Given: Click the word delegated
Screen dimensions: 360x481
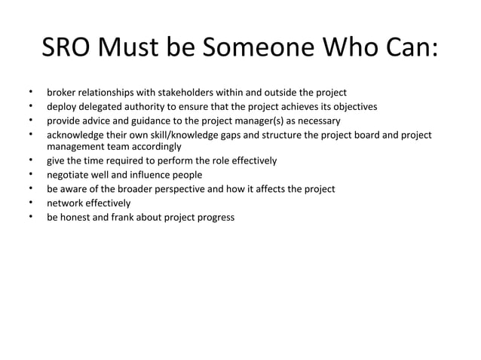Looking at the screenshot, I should (x=106, y=107).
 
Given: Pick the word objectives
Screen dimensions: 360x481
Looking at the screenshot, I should (x=354, y=107).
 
